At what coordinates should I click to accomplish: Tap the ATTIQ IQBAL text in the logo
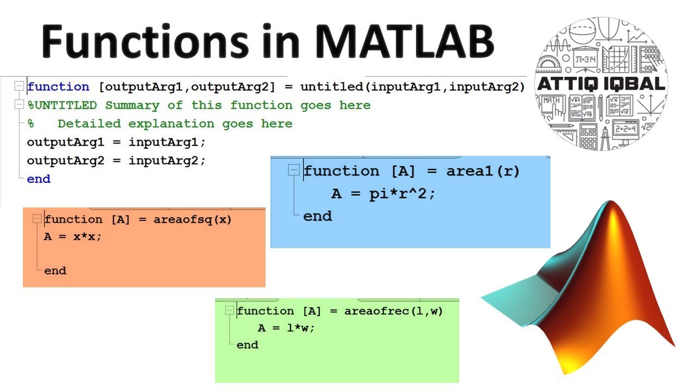point(601,84)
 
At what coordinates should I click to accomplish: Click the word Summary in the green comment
point(132,105)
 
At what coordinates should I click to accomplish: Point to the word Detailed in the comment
point(89,124)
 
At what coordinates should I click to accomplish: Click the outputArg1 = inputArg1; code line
point(116,142)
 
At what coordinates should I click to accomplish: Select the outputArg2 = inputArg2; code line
point(116,161)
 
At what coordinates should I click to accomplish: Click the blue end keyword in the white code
point(39,179)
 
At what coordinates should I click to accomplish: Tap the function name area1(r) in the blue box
point(483,171)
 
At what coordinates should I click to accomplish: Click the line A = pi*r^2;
point(383,194)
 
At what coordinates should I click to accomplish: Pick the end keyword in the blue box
point(318,216)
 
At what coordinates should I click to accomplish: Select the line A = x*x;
point(73,237)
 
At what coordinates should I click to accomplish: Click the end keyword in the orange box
point(55,270)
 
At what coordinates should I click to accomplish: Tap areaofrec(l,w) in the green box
point(393,311)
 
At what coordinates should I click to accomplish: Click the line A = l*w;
point(286,328)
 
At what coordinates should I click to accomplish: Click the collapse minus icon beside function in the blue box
point(294,171)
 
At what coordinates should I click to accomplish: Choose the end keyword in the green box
point(248,345)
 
